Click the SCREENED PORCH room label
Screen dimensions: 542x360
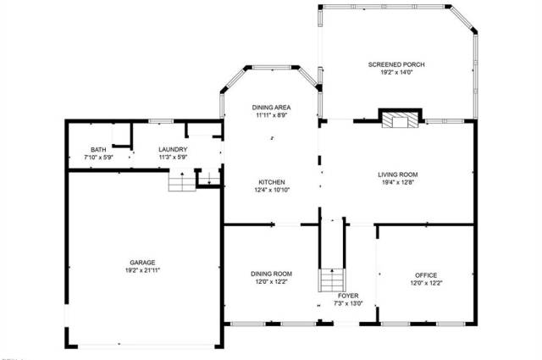click(396, 64)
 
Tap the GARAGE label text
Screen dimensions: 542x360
click(142, 263)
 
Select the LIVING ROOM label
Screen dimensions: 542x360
click(397, 174)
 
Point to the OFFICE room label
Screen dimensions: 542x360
click(426, 275)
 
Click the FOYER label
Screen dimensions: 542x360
click(348, 296)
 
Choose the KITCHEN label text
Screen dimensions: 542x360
click(272, 182)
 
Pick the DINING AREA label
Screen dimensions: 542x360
click(271, 108)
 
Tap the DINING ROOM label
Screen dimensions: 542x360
click(271, 274)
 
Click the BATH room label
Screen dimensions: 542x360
click(98, 150)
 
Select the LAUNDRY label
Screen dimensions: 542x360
click(173, 149)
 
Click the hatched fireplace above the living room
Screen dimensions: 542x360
click(400, 119)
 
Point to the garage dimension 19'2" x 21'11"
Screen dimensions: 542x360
click(142, 270)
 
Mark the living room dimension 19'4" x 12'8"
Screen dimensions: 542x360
click(397, 182)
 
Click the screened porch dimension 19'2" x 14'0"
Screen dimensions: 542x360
click(397, 73)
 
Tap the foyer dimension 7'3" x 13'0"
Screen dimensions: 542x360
click(348, 303)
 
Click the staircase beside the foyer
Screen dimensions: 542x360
click(332, 280)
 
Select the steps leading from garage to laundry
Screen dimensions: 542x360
click(182, 180)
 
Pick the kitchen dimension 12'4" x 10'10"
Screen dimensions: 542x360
click(272, 190)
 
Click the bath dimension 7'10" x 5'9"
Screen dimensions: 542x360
click(99, 158)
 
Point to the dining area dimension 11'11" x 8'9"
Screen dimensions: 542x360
click(272, 115)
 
